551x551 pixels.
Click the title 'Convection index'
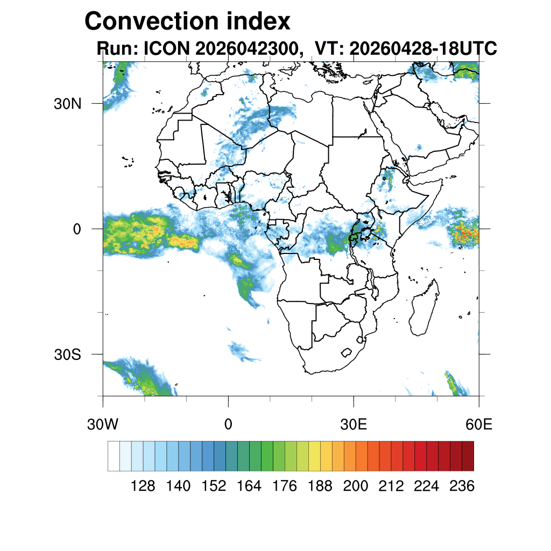point(187,21)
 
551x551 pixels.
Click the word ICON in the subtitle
point(167,48)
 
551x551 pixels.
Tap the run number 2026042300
point(246,48)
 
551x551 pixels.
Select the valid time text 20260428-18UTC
point(423,48)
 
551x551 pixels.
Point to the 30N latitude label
point(67,104)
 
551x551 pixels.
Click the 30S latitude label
point(67,355)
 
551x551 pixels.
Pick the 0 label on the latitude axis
point(77,229)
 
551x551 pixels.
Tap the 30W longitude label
point(103,425)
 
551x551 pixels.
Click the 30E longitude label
point(354,425)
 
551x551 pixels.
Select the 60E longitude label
point(479,425)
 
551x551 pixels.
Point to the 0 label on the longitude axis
point(228,425)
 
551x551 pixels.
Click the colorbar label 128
point(143,486)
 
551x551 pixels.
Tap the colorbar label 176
point(284,486)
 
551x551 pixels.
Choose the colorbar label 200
point(355,486)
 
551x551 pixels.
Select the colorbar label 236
point(462,486)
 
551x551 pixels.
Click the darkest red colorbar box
point(468,456)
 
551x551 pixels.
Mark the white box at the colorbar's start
point(114,456)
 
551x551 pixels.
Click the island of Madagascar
point(424,308)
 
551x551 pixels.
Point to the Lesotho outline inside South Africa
point(347,352)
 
